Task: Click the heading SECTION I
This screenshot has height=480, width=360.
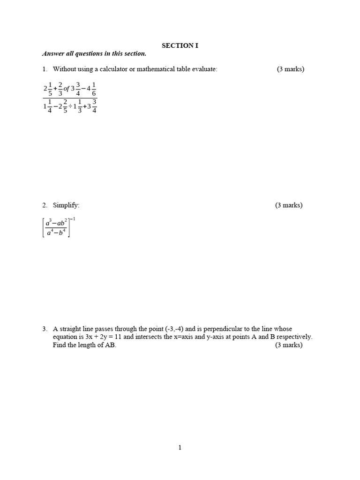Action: (177, 45)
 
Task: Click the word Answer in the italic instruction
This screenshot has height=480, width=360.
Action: (52, 53)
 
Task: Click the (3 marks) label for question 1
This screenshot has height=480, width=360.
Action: (290, 69)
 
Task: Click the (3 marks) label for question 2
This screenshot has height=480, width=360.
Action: (289, 205)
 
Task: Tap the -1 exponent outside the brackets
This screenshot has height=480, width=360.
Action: (73, 219)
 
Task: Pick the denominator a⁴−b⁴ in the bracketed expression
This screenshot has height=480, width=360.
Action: (56, 232)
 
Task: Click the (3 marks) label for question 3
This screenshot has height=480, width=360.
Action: (289, 345)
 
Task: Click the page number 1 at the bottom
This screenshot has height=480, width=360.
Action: (180, 448)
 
